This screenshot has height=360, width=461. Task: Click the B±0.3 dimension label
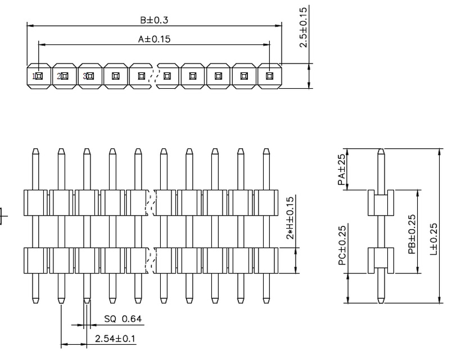[154, 20]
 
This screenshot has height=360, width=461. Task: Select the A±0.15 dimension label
[154, 39]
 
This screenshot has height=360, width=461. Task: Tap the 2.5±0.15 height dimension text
[304, 27]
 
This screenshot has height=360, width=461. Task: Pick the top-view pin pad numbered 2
[64, 76]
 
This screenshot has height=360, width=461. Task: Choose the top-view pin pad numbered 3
[90, 76]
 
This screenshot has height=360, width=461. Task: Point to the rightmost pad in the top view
[269, 76]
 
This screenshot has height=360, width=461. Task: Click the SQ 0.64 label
[123, 320]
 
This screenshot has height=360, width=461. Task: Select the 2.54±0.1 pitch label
[115, 339]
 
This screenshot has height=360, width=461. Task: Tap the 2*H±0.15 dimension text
[290, 218]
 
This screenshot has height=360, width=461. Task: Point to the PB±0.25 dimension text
[412, 234]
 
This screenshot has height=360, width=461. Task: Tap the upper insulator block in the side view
[381, 203]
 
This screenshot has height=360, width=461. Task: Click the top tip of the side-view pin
[381, 151]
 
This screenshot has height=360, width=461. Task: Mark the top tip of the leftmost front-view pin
[35, 151]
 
